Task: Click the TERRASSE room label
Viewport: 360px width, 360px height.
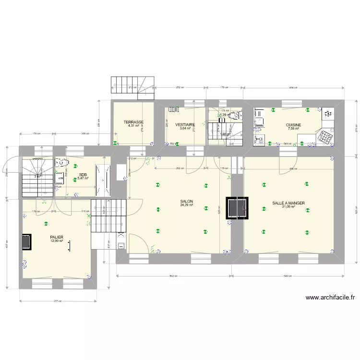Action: click(133, 122)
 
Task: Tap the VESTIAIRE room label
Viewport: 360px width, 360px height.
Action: click(185, 124)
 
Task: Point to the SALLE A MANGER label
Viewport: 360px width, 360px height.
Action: click(288, 203)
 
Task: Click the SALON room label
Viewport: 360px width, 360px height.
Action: click(187, 201)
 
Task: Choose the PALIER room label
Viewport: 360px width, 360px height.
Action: click(57, 237)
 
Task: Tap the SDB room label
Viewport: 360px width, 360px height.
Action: click(83, 175)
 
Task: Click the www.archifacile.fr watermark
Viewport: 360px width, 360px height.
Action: click(330, 298)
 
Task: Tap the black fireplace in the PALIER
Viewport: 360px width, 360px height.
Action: click(26, 242)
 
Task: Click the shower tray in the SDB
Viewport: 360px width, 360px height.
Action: click(103, 180)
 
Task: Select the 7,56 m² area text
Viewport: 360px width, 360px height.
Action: click(293, 128)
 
